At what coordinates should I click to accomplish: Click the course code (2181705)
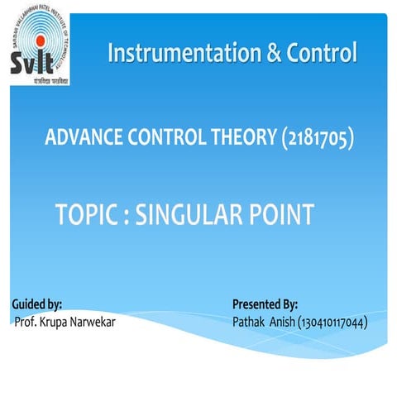(313, 139)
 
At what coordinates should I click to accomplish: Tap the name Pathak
(251, 321)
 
